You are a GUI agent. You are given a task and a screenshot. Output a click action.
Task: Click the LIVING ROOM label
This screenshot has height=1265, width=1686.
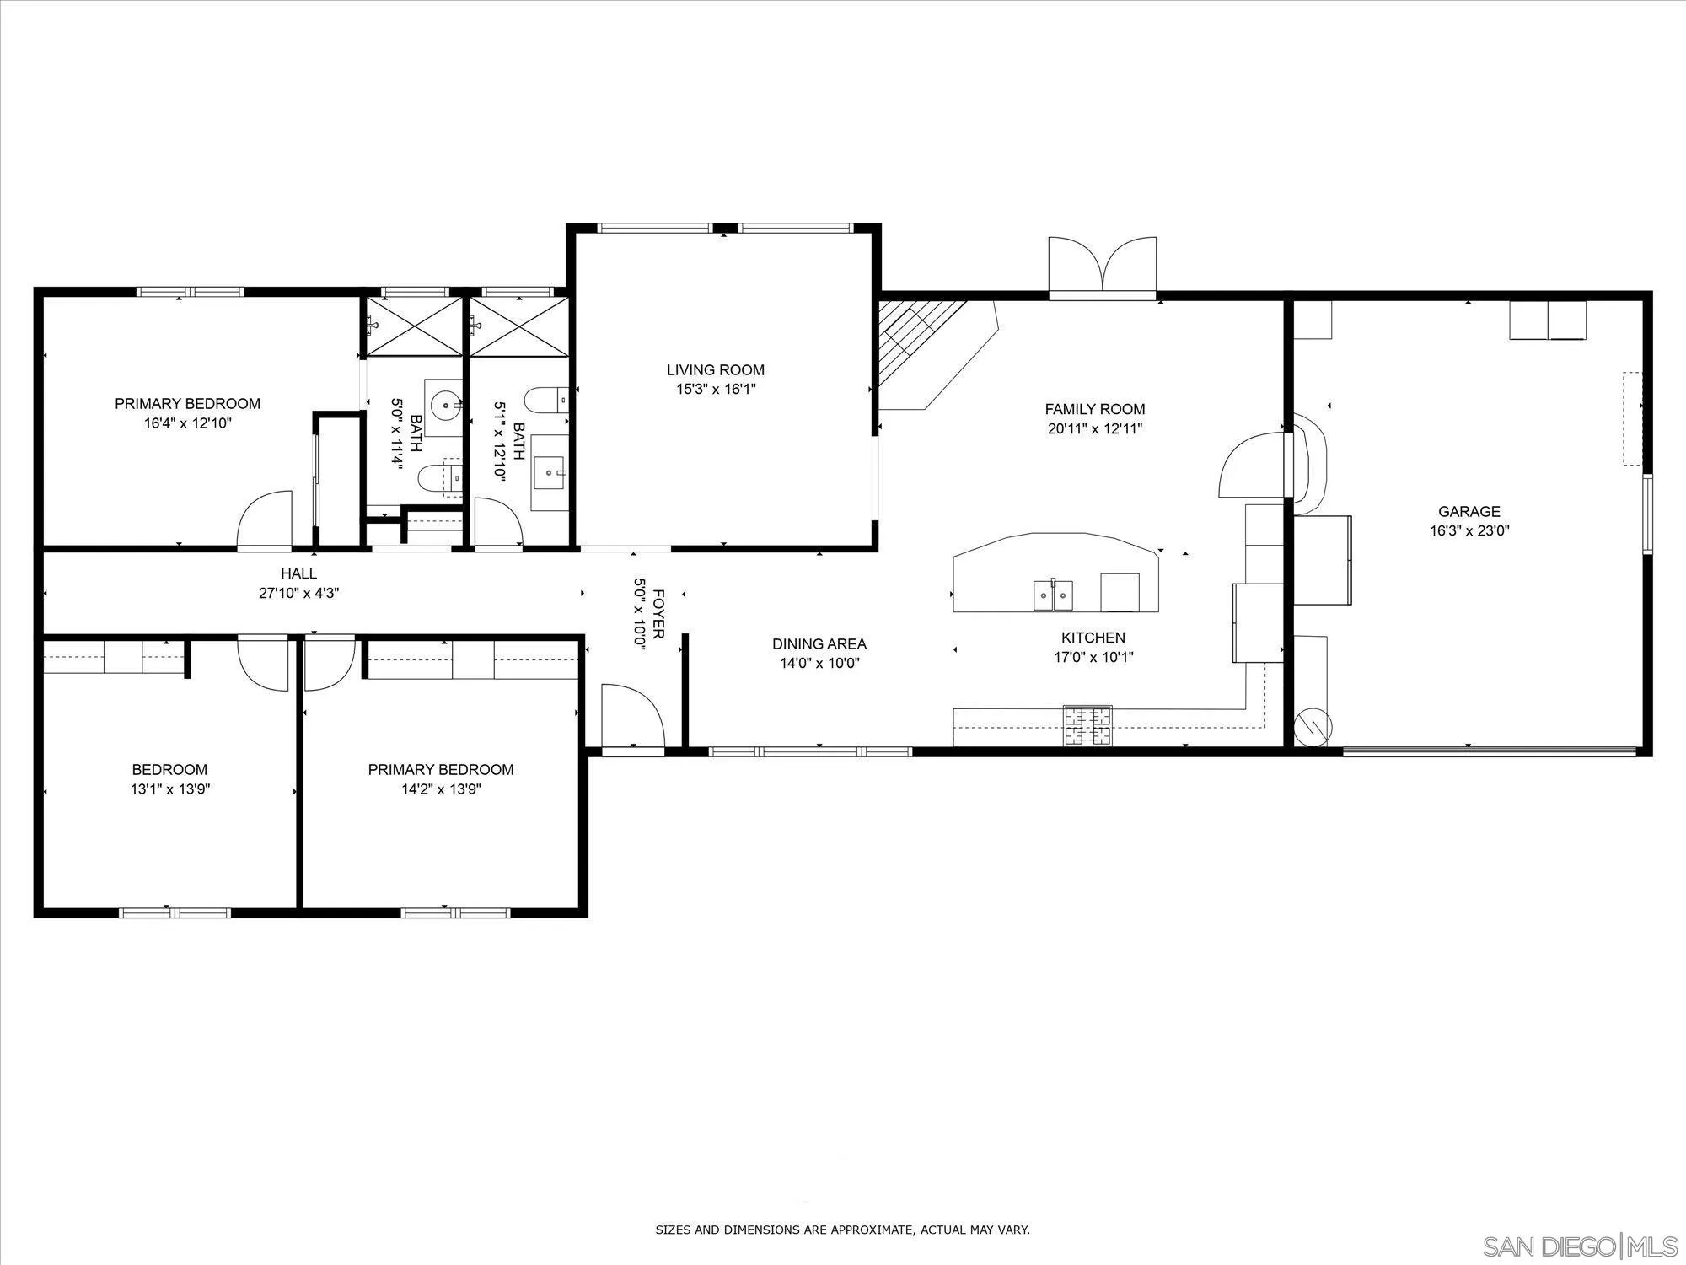pyautogui.click(x=715, y=369)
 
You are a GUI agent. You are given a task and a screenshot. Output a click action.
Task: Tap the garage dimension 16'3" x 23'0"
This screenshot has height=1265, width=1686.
pyautogui.click(x=1469, y=531)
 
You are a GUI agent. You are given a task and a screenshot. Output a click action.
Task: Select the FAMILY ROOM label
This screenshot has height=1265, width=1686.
pyautogui.click(x=1094, y=409)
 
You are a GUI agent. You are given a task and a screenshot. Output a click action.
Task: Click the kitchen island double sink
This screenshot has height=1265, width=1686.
pyautogui.click(x=1053, y=595)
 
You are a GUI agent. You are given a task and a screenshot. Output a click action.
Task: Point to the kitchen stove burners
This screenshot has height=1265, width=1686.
pyautogui.click(x=1087, y=725)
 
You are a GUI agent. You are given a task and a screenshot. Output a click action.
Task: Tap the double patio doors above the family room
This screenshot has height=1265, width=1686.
pyautogui.click(x=1102, y=266)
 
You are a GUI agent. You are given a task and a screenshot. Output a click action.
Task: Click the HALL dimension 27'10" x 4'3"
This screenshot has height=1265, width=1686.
pyautogui.click(x=298, y=594)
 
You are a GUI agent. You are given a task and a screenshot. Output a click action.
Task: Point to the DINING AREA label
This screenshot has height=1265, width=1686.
pyautogui.click(x=819, y=644)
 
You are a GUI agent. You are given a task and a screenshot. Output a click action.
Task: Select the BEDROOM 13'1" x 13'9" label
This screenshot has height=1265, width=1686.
pyautogui.click(x=169, y=770)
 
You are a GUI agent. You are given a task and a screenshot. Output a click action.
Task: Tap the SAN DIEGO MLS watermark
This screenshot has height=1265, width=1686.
pyautogui.click(x=1580, y=1246)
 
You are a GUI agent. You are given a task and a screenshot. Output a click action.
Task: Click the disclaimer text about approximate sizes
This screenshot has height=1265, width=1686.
pyautogui.click(x=842, y=1230)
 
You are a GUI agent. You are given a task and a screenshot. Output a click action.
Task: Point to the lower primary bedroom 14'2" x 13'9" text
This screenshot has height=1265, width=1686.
pyautogui.click(x=440, y=789)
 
